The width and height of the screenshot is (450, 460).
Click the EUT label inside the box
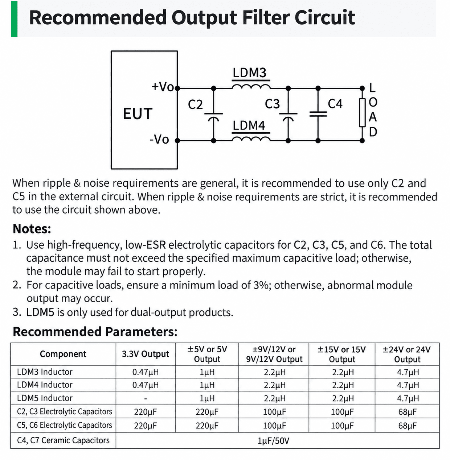pos(138,114)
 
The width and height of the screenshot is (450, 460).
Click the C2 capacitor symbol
pos(213,116)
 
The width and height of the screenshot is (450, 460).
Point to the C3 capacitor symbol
pos(288,116)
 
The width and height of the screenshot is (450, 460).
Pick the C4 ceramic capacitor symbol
pos(318,114)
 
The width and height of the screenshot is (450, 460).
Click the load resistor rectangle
pos(362,113)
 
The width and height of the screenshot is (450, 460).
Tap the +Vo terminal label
pos(163,87)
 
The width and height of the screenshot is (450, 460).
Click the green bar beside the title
pos(14,19)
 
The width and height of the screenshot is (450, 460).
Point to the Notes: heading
pos(32,229)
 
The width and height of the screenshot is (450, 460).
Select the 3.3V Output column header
pos(146,354)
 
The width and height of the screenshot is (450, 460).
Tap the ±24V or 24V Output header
pos(407,354)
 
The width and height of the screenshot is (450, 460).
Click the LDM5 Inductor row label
pos(45,398)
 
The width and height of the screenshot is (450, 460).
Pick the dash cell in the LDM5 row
pos(146,398)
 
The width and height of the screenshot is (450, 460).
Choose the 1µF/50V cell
pos(273,441)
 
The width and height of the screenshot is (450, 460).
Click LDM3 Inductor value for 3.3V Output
pos(146,372)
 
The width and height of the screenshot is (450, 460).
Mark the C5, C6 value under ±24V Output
pos(407,426)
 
